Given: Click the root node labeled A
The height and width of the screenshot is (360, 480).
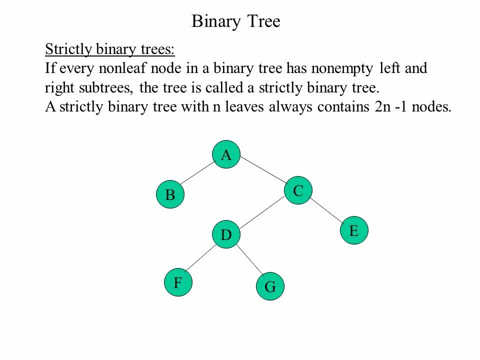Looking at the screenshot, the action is click(226, 155).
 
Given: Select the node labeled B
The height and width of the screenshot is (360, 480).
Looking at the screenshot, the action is click(170, 195).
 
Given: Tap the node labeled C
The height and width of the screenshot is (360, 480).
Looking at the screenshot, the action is click(298, 191).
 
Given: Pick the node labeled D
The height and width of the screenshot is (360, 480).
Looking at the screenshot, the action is click(226, 234).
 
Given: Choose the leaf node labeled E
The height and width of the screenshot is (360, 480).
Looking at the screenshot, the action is click(354, 231).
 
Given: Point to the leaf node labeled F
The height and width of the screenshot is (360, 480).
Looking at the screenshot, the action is click(178, 283).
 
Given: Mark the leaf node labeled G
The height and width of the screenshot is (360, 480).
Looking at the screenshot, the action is click(270, 287).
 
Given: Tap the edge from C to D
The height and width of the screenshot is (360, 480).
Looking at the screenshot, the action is click(262, 213).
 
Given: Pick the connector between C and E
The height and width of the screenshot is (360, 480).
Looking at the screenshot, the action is click(326, 210).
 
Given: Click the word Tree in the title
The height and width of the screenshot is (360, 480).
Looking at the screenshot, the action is click(263, 22).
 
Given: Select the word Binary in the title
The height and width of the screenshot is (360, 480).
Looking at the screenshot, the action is click(215, 22).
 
